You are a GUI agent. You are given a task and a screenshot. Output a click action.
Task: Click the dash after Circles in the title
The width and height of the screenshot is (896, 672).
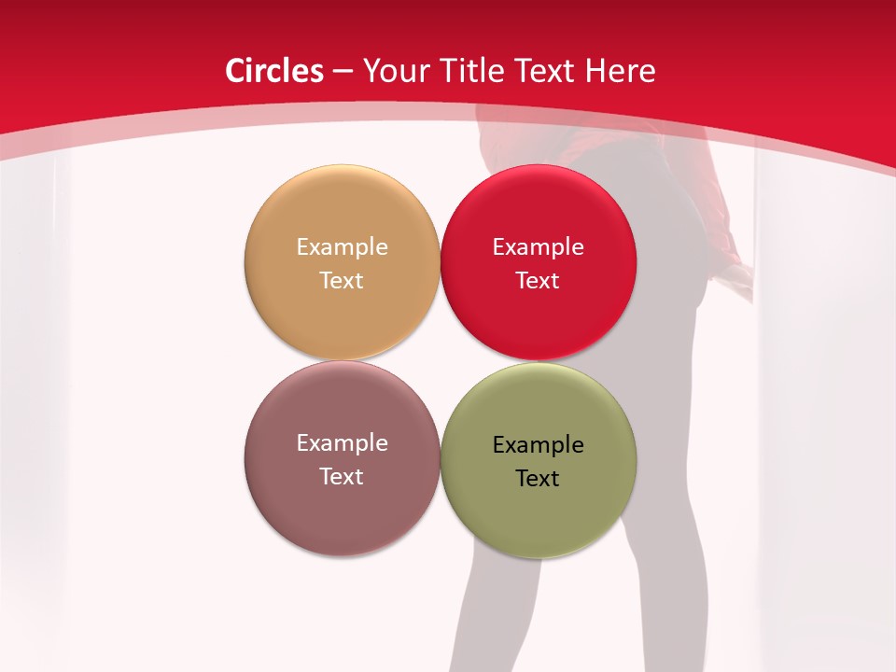[x=343, y=72]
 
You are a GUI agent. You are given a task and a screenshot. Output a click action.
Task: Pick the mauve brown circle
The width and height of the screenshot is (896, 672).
[x=342, y=513]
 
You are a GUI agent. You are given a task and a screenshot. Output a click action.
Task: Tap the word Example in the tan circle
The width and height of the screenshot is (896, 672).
[x=342, y=246]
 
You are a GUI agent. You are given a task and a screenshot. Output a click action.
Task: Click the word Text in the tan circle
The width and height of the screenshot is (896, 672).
[x=342, y=280]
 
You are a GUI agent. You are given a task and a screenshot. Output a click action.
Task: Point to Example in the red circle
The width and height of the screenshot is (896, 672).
[x=538, y=246]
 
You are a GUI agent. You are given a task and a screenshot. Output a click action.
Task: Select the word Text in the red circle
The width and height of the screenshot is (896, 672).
[x=538, y=280]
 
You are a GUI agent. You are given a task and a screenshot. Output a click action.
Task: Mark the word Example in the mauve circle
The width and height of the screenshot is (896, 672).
[x=342, y=442]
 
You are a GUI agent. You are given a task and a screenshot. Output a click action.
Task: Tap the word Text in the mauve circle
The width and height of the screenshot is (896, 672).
[x=342, y=476]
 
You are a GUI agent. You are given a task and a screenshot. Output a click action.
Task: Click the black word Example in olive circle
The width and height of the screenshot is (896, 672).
[x=538, y=444]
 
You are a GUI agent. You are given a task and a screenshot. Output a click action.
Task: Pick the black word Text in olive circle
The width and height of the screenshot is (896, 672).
[x=538, y=478]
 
